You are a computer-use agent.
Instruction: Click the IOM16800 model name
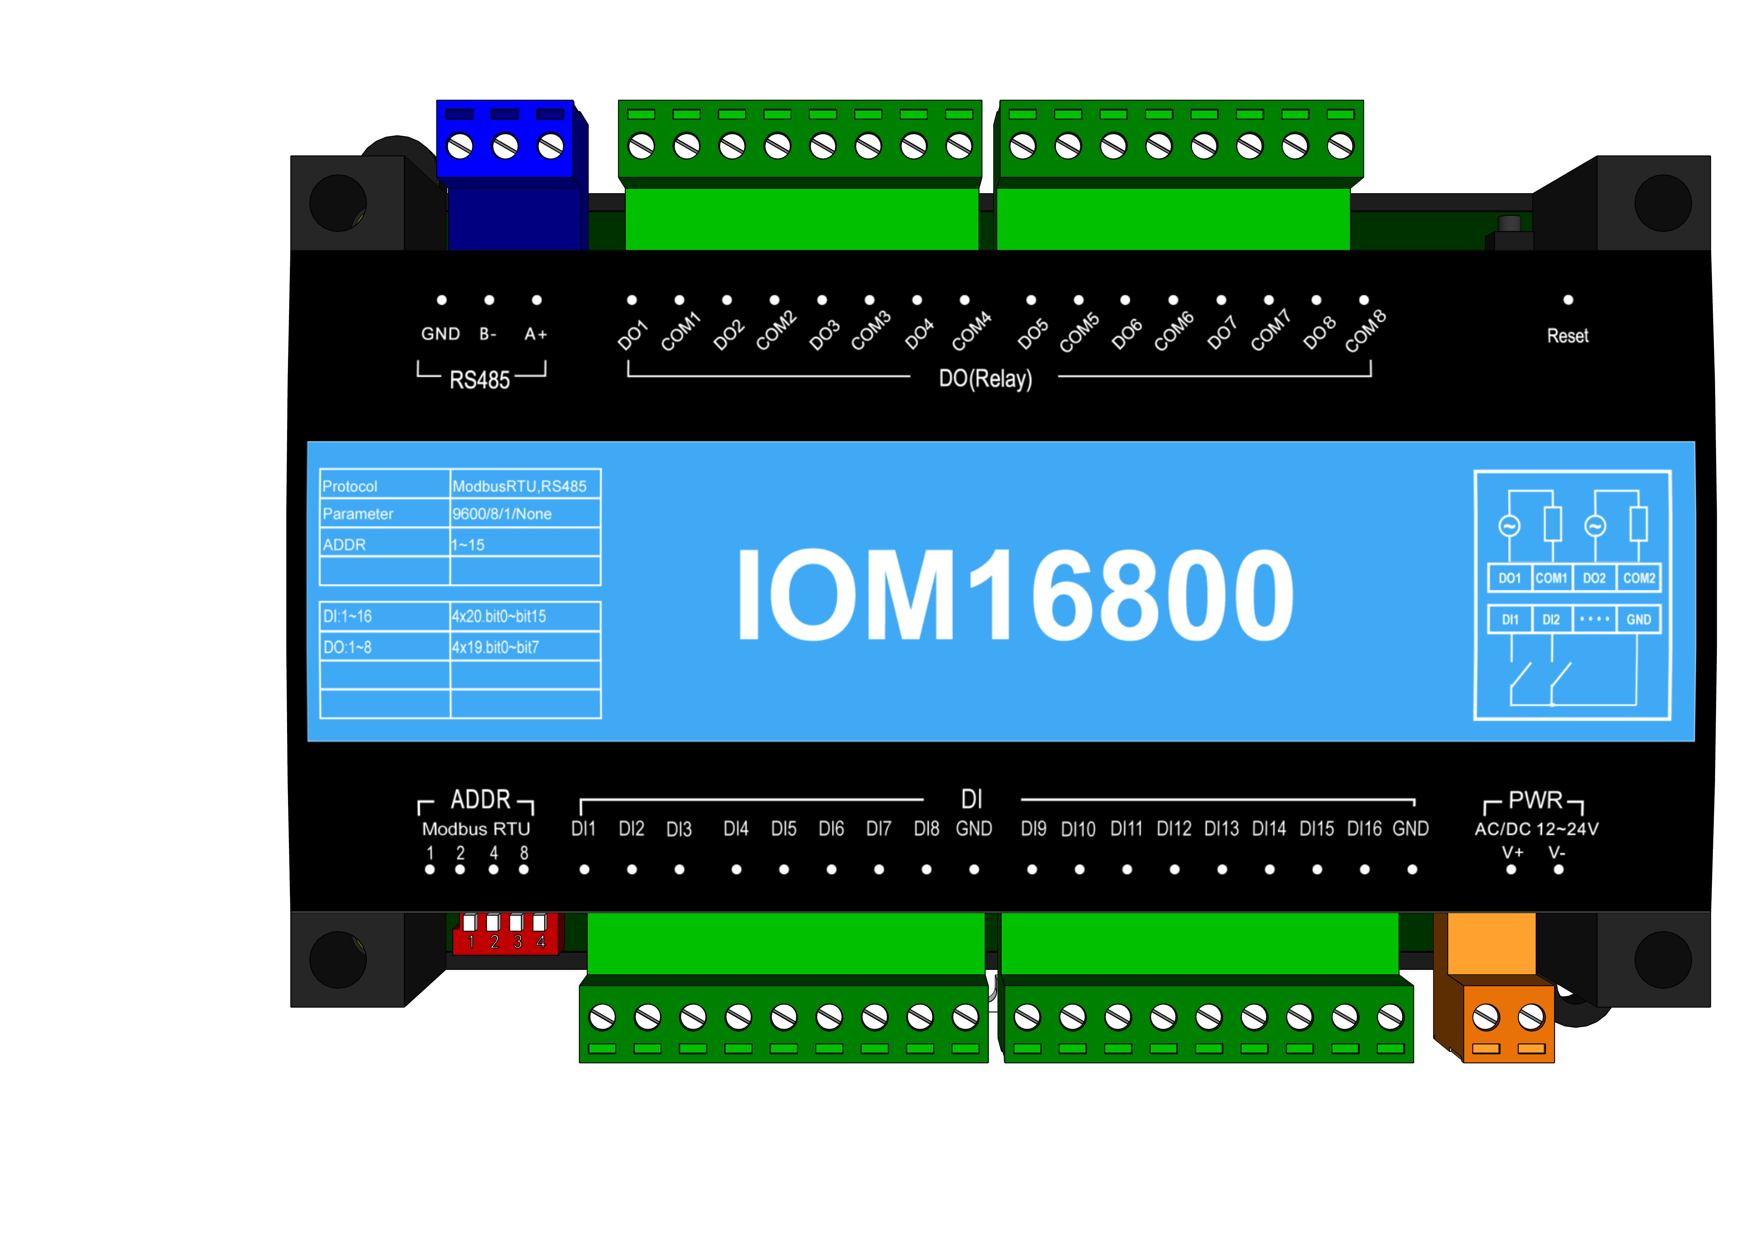coord(1014,594)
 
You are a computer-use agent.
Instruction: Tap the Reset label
coord(1567,336)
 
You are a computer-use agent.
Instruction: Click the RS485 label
coord(479,380)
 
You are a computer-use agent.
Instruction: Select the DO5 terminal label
coord(1032,335)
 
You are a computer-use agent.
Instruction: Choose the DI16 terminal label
coord(1364,829)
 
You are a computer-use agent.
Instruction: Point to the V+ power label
coord(1512,852)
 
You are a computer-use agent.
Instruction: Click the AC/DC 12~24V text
coord(1536,829)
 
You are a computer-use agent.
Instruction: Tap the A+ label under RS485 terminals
coord(535,334)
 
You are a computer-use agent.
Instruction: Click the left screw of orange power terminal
coord(1486,1018)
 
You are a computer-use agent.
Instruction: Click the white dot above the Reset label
coord(1568,300)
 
